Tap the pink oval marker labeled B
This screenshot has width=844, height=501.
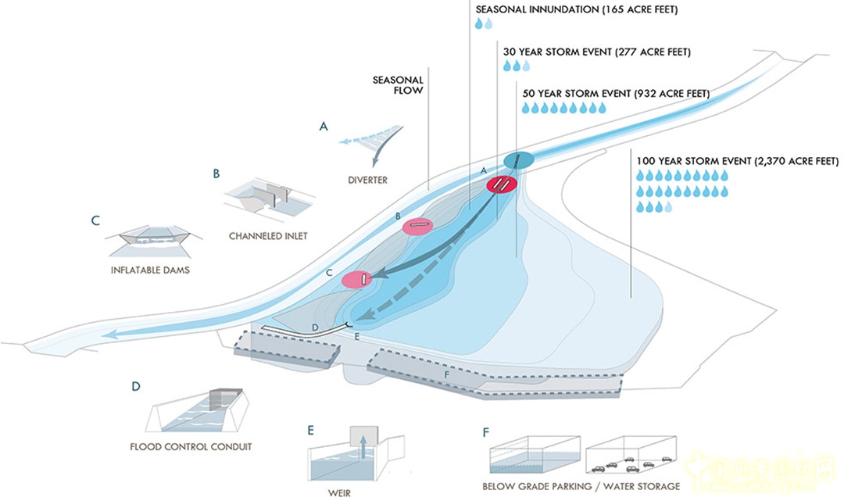pyautogui.click(x=417, y=226)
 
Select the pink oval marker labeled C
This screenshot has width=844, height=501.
pyautogui.click(x=356, y=278)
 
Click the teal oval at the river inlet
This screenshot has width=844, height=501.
pyautogui.click(x=519, y=160)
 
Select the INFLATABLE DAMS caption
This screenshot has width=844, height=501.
pyautogui.click(x=152, y=270)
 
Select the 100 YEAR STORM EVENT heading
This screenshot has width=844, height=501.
pyautogui.click(x=737, y=161)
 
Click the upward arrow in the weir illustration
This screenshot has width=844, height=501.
pyautogui.click(x=363, y=449)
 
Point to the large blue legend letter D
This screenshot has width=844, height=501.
pyautogui.click(x=136, y=386)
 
